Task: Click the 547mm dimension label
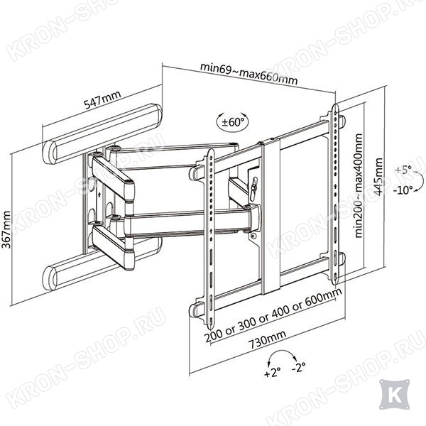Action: (102, 99)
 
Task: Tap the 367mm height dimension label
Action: (6, 229)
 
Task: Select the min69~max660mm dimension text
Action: (248, 74)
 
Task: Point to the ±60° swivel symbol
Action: (232, 123)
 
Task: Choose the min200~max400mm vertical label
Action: (359, 185)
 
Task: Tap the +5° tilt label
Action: (403, 170)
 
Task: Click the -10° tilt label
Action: (403, 190)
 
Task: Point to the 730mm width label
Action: (268, 339)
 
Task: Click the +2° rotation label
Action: (272, 373)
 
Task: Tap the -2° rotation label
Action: (299, 368)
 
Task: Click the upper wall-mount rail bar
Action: (102, 133)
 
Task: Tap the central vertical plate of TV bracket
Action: (271, 216)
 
